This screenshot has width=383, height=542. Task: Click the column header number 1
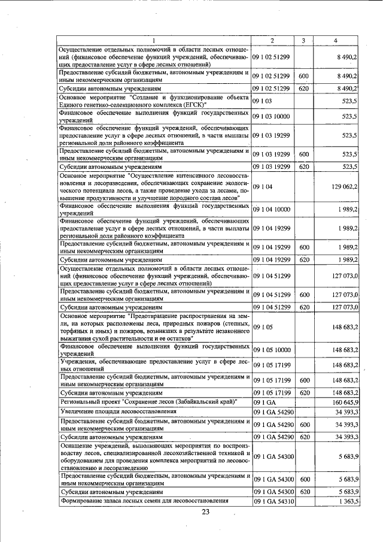click(154, 40)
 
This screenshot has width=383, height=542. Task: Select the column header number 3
click(303, 40)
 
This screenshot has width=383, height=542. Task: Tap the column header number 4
click(336, 40)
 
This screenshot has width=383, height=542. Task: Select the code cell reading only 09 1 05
click(262, 327)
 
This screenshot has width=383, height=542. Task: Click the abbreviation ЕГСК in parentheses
click(186, 104)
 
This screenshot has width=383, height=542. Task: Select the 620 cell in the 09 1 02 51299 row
click(303, 88)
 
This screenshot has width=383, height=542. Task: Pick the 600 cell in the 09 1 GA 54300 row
click(303, 479)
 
